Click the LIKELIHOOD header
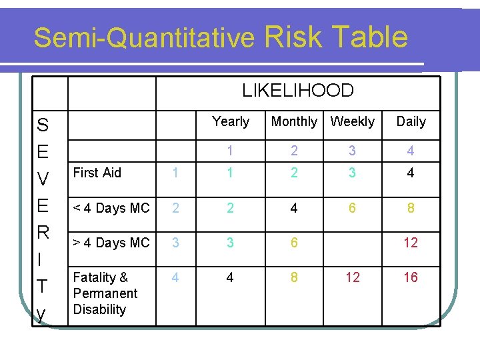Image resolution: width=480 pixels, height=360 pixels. (297, 90)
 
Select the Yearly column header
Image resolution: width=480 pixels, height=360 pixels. (230, 121)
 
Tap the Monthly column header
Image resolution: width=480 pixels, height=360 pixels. (294, 121)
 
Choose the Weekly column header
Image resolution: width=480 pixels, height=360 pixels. (353, 121)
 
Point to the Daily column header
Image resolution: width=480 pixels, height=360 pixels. (411, 121)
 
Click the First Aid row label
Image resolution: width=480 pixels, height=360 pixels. (97, 173)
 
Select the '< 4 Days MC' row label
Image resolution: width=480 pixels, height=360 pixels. (111, 208)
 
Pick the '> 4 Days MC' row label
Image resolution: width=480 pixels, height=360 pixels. (111, 243)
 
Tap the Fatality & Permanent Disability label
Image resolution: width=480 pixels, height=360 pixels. (105, 293)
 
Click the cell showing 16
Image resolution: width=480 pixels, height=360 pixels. (411, 277)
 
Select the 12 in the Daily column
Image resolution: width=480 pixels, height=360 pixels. (411, 243)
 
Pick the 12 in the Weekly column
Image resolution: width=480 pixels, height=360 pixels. (353, 277)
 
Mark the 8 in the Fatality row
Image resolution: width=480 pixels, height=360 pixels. (294, 277)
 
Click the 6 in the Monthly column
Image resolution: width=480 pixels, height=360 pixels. (294, 243)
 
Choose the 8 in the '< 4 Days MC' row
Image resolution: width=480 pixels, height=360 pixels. (411, 208)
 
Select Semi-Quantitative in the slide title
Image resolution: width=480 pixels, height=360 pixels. (145, 38)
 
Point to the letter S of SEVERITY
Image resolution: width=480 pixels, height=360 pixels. (43, 125)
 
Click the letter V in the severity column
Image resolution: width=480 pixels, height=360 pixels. (43, 179)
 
